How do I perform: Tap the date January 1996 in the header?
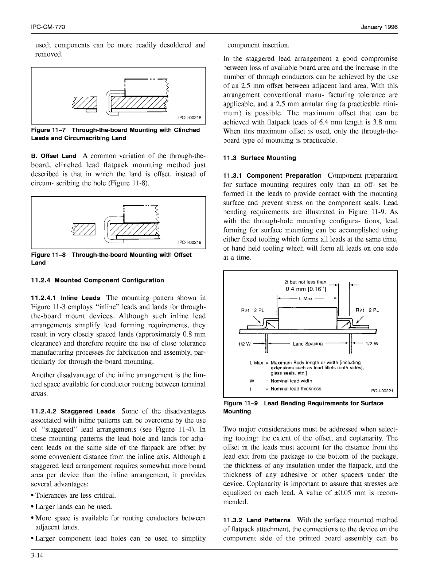coord(379,27)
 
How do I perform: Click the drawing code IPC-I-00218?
coord(190,117)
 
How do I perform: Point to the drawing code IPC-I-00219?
coord(190,242)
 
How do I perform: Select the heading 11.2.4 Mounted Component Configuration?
coord(97,280)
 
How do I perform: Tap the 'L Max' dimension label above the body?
coord(305,299)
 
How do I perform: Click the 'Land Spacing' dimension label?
coord(308,344)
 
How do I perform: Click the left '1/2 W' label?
coord(244,344)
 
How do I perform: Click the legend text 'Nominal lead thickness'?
coord(296,389)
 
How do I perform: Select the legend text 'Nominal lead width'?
coord(291,381)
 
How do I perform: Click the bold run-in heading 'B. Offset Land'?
coord(54,156)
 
